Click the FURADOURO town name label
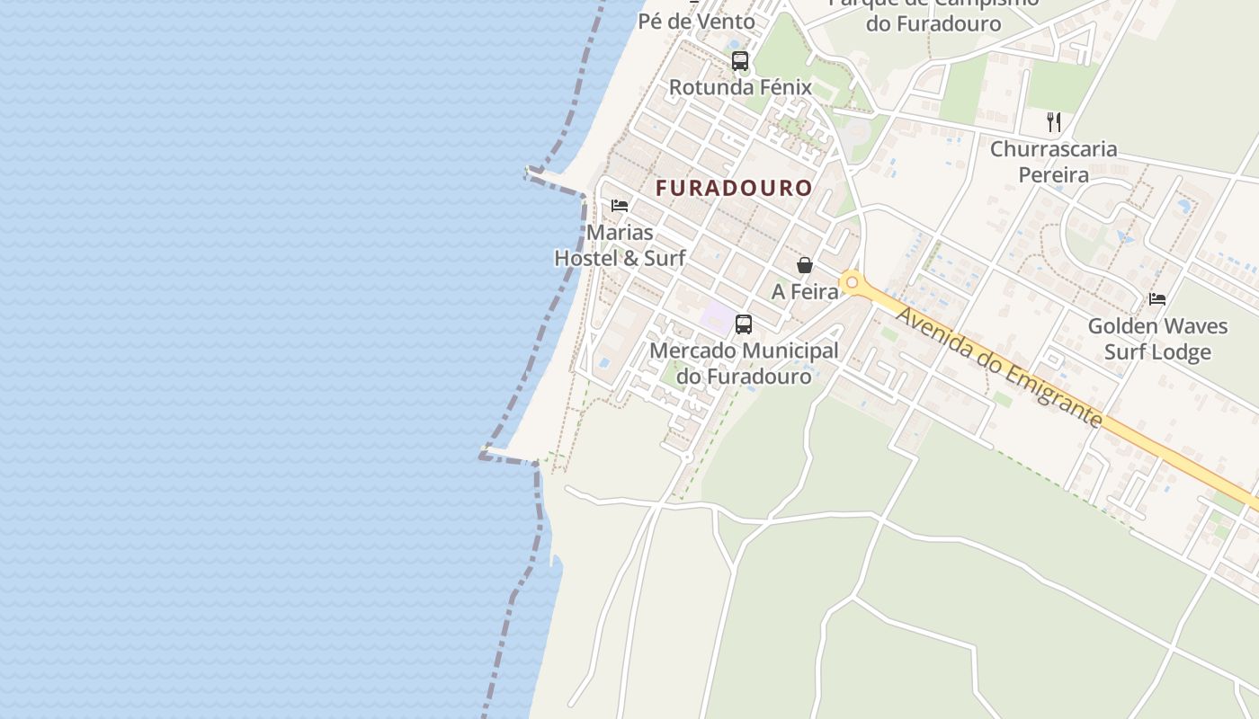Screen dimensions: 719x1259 [x=734, y=189]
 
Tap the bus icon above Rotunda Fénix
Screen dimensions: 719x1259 [x=740, y=61]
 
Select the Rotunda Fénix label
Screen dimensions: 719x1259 [x=740, y=88]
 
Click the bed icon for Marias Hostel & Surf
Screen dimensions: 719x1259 [x=620, y=206]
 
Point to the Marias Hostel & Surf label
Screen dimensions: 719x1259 [x=620, y=245]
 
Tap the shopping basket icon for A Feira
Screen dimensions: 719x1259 [x=805, y=265]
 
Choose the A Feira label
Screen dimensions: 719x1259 [x=805, y=292]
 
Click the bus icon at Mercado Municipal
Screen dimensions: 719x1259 [x=744, y=324]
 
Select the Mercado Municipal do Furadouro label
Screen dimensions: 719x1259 [x=744, y=363]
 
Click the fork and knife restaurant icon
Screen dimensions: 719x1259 [x=1054, y=122]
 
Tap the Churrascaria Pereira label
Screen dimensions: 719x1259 [x=1054, y=162]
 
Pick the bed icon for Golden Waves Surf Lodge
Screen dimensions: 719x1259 [x=1157, y=298]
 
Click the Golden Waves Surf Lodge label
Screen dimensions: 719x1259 [x=1157, y=339]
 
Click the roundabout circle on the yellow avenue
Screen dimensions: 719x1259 [x=852, y=283]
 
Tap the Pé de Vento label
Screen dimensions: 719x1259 [x=697, y=21]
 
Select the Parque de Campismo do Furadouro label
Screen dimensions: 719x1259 [x=933, y=13]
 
